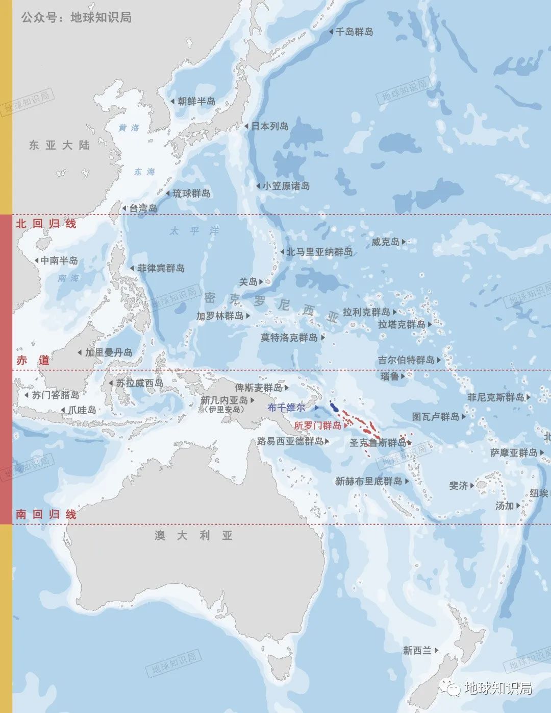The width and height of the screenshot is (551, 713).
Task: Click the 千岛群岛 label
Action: tap(354, 32)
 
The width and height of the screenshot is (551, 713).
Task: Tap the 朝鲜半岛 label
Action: tap(196, 101)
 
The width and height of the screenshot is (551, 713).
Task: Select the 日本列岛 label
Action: tap(269, 126)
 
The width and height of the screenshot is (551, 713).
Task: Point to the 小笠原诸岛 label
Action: tap(286, 186)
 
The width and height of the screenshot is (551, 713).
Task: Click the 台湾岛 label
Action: tap(143, 208)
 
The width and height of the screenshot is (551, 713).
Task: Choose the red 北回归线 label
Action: tap(46, 223)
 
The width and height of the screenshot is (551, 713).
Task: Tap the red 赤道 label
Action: tap(33, 360)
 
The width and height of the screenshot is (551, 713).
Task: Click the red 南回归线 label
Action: tap(46, 514)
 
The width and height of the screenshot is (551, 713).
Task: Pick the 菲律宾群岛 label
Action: tap(161, 268)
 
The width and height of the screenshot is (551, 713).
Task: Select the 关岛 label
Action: tap(248, 281)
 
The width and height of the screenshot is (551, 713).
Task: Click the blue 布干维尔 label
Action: tap(286, 408)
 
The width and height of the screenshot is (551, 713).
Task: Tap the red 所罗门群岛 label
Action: tap(317, 425)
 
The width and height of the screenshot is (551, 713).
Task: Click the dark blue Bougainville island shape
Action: tap(334, 408)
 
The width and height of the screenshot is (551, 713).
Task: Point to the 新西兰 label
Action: tap(417, 650)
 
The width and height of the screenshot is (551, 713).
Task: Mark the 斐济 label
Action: tap(458, 485)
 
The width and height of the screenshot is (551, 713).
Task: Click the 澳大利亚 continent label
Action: tap(194, 535)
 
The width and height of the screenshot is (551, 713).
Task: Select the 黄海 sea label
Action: tap(129, 128)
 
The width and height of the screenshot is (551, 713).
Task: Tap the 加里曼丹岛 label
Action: tap(109, 352)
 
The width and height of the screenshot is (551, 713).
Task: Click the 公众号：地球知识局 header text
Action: tap(77, 17)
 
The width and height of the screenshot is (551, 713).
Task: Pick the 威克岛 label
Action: tap(385, 242)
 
